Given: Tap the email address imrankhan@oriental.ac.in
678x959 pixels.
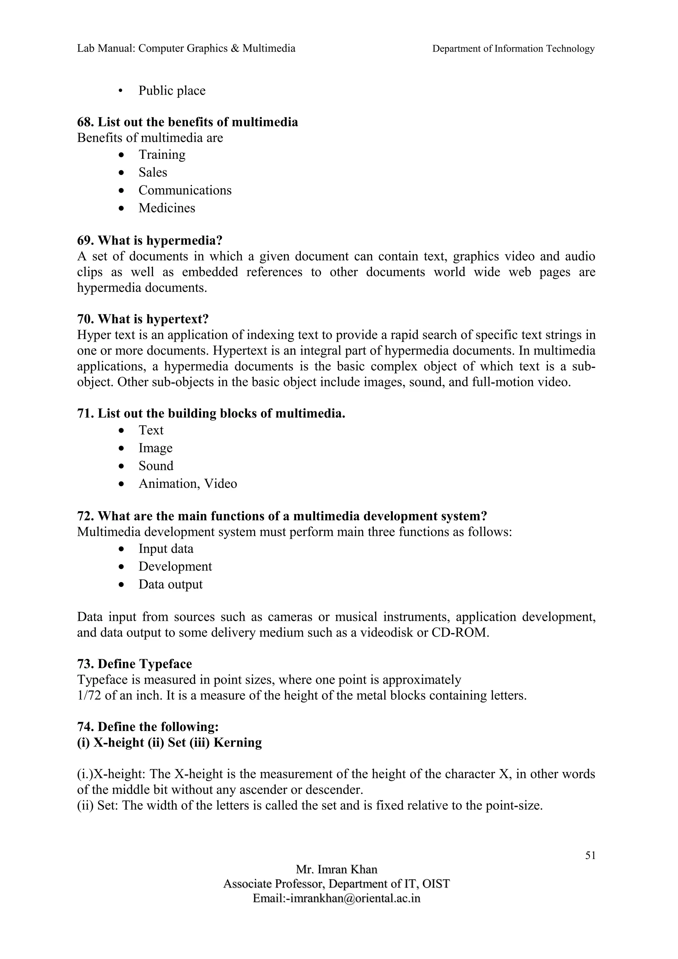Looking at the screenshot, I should [x=355, y=898].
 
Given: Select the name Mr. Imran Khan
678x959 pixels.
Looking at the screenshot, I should [x=336, y=869].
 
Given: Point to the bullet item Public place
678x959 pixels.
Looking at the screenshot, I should [x=172, y=91].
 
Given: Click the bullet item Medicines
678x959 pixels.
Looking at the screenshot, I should [x=167, y=208].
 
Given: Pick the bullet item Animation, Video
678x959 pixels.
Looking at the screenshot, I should [x=188, y=484].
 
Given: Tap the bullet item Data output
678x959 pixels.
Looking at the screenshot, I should [x=170, y=584].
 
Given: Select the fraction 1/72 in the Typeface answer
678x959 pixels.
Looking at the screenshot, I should [x=89, y=696].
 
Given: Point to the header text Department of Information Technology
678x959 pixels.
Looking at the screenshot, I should [x=513, y=49].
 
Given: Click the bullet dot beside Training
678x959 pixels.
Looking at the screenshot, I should [x=121, y=155].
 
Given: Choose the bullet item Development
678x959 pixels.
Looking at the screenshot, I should [x=175, y=567].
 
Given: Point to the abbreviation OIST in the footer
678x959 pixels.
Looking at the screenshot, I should [x=436, y=884].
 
